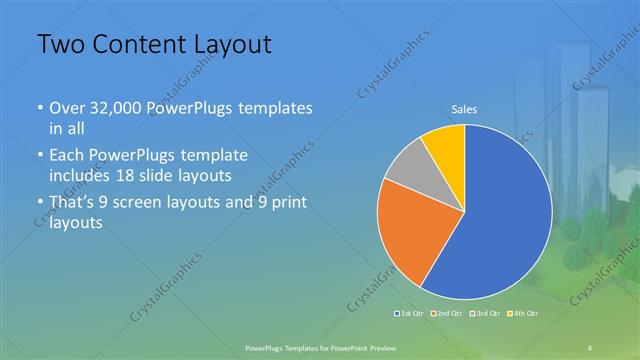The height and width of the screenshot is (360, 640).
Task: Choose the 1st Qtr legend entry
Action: [x=411, y=314]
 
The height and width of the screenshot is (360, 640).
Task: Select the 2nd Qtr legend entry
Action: [x=446, y=314]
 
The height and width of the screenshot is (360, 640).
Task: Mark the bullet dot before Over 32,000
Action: [x=39, y=108]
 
